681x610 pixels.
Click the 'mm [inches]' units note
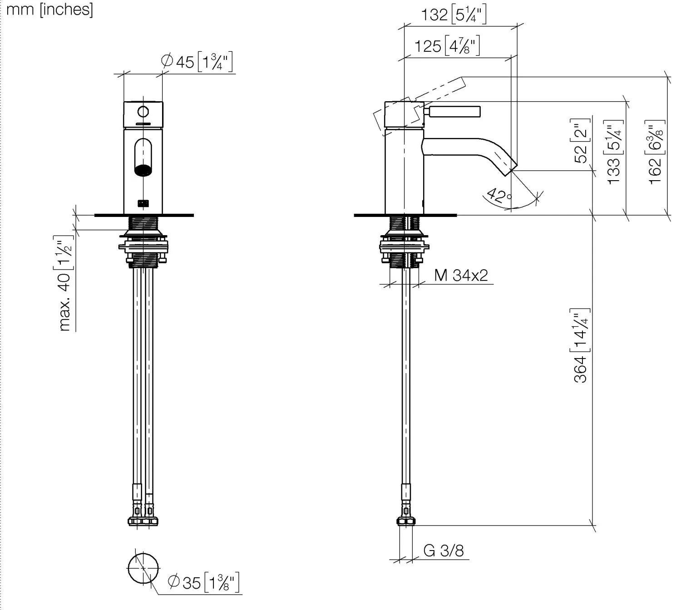click(49, 10)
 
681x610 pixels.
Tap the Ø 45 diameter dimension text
click(197, 62)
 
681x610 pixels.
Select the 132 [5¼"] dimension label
click(454, 15)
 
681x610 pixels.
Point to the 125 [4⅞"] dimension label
click(447, 45)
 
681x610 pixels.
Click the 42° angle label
click(499, 195)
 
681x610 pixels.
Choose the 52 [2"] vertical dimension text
click(581, 141)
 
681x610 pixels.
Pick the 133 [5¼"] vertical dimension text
click(613, 152)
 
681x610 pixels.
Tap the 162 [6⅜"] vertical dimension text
click(655, 152)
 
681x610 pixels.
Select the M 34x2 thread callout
click(461, 275)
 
